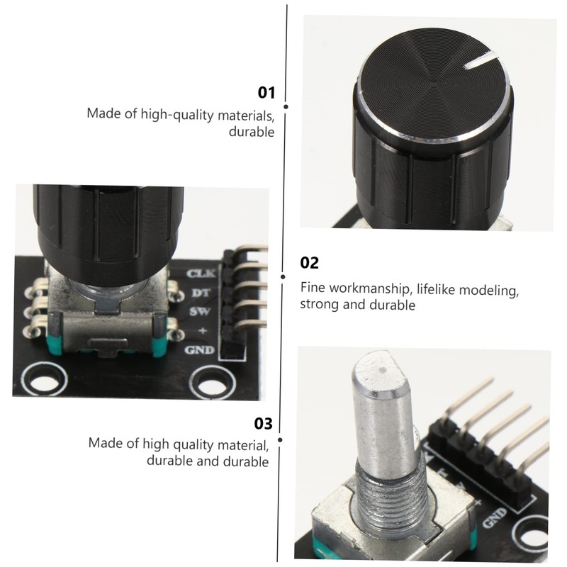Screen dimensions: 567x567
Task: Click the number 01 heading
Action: pos(266,92)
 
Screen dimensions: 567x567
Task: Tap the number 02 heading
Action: pos(310,263)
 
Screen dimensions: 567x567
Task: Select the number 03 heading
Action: pos(263,424)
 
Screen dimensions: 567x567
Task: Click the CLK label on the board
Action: pos(200,273)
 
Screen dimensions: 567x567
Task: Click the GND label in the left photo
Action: pos(199,349)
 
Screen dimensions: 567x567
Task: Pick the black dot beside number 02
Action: pos(283,277)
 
